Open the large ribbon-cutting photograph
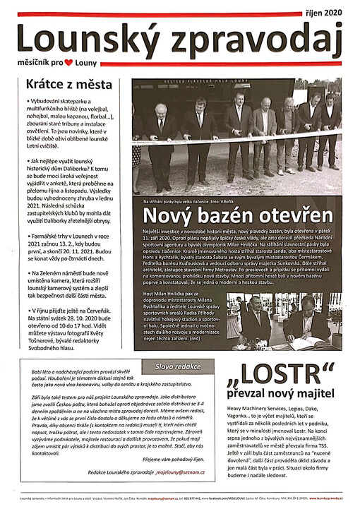(x=237, y=134)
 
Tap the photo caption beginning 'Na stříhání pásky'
(x=191, y=201)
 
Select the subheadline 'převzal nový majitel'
(x=287, y=395)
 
